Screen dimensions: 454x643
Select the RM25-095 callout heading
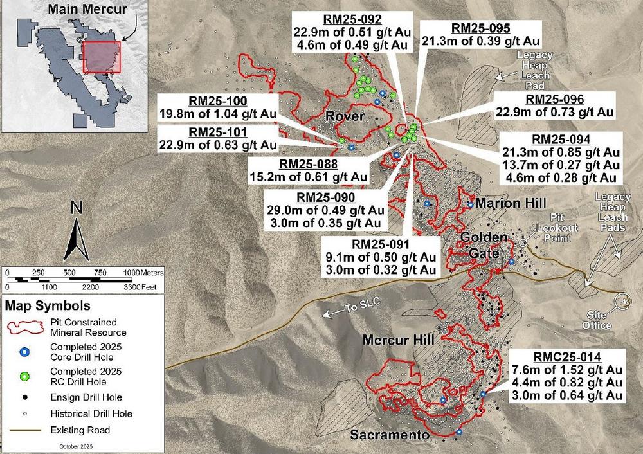click(481, 28)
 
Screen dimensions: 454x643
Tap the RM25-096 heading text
click(554, 99)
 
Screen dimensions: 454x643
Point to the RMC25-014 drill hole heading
click(567, 356)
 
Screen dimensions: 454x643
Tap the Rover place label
click(345, 116)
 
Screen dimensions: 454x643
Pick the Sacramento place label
click(390, 435)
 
